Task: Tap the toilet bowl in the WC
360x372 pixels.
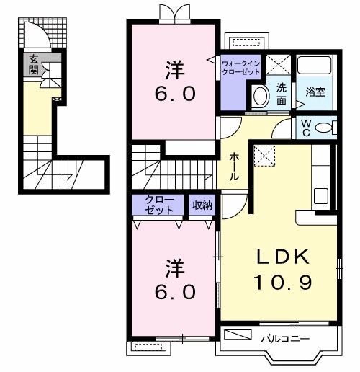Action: click(326, 128)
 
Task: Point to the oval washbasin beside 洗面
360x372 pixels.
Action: click(258, 95)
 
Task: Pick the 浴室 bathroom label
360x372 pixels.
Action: click(315, 92)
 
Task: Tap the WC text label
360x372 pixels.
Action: click(306, 128)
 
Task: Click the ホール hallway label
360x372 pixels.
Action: click(235, 167)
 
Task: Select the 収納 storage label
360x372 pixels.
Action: click(202, 205)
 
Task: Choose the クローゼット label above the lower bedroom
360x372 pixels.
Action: click(158, 205)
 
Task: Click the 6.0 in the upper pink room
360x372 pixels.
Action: click(172, 94)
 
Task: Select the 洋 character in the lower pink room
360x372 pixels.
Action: click(172, 267)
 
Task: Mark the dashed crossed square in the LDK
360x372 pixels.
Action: click(264, 154)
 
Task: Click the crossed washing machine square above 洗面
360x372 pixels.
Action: click(276, 64)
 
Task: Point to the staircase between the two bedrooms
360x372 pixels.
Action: click(173, 167)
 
